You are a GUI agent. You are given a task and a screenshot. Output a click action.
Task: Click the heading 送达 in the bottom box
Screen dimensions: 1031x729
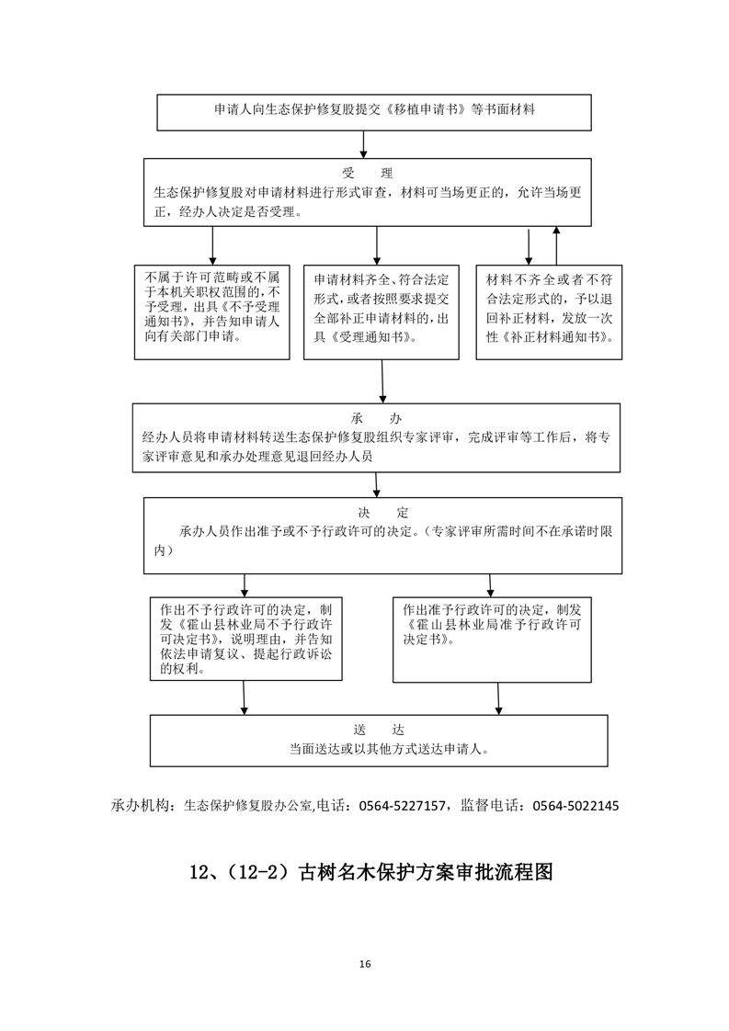click(x=378, y=729)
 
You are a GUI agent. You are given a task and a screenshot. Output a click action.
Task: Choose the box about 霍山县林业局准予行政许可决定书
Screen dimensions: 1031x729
click(x=491, y=639)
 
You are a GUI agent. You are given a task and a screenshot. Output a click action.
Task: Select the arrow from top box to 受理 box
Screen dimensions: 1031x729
click(x=365, y=143)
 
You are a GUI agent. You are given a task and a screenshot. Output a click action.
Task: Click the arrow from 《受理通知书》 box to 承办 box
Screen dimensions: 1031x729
click(x=382, y=381)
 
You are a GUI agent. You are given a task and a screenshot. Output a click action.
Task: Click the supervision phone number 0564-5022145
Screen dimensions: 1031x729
click(x=574, y=806)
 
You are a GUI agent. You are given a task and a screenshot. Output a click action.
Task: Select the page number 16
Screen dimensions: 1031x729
click(x=365, y=964)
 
